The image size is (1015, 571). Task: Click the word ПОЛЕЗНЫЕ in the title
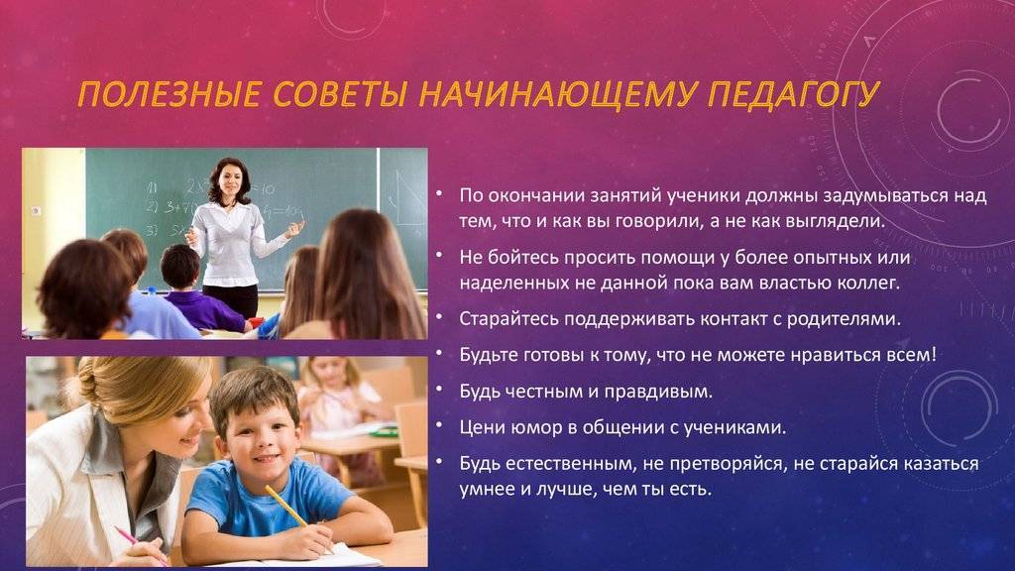tap(169, 94)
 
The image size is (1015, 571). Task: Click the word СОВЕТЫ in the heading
tap(339, 94)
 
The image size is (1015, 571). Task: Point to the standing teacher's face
tap(230, 181)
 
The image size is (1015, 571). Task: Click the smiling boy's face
tap(259, 434)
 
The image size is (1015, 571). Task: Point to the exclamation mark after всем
tap(934, 354)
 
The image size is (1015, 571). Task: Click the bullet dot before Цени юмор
tap(439, 425)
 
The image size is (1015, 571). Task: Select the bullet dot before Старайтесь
tap(439, 316)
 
